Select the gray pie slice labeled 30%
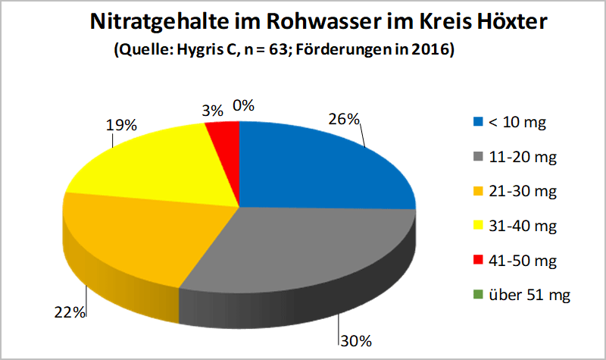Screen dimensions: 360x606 303,250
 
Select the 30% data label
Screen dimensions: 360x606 355,341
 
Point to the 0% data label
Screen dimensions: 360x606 242,105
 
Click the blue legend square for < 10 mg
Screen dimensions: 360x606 477,122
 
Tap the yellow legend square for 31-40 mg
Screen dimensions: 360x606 477,227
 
